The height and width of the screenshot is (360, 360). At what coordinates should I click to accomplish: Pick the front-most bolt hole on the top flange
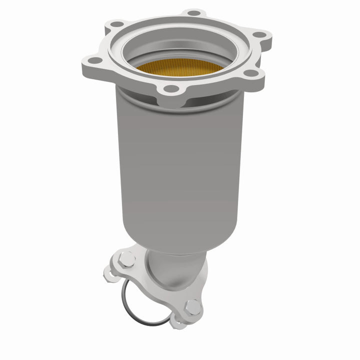point(171,88)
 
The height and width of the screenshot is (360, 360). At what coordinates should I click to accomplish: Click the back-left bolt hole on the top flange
point(116,23)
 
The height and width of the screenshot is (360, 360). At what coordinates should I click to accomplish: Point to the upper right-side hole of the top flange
point(259,35)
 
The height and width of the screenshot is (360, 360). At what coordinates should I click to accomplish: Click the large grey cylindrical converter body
point(180,165)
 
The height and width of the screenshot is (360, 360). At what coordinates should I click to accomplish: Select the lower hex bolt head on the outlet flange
point(193,307)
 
